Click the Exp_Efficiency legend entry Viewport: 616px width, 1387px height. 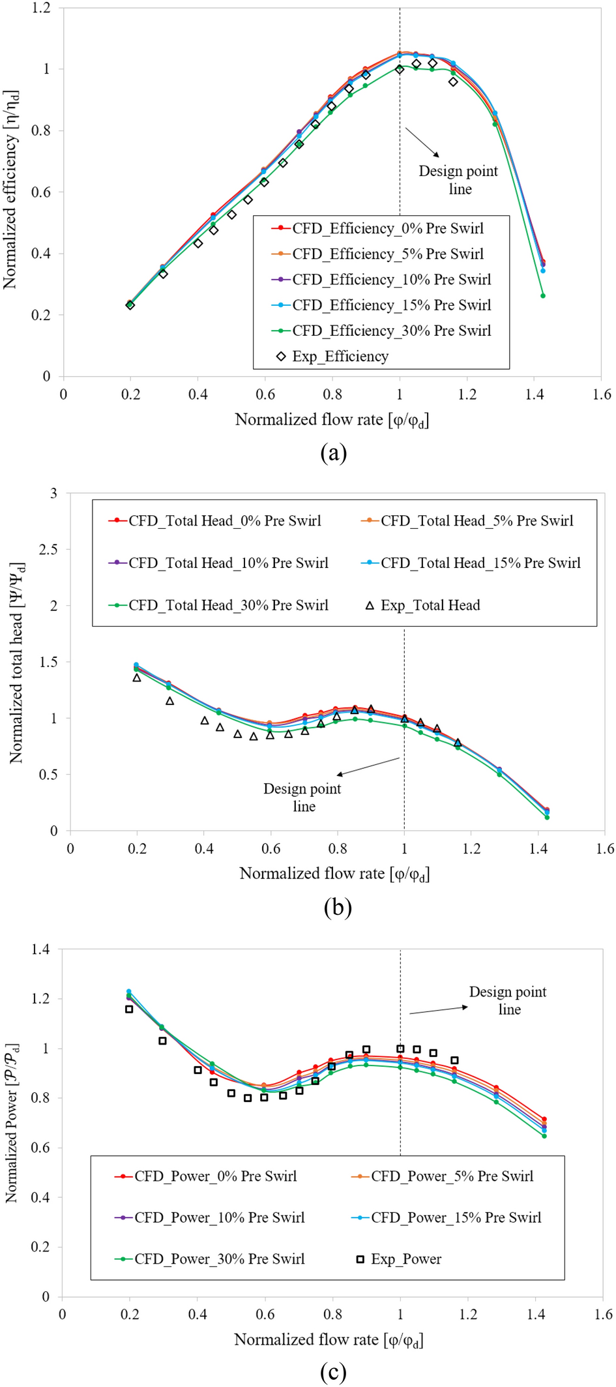point(333,356)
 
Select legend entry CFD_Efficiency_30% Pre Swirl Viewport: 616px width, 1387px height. point(382,331)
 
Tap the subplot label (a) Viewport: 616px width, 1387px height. point(333,452)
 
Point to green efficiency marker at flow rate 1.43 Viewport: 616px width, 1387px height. point(543,296)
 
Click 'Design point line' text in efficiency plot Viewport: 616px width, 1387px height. point(458,180)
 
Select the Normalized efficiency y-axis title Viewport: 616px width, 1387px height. point(10,190)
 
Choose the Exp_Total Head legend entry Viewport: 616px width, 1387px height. point(424,605)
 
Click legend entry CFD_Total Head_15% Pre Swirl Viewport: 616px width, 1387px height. point(471,563)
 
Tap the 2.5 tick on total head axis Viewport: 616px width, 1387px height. point(48,549)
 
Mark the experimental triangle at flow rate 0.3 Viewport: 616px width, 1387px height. point(170,701)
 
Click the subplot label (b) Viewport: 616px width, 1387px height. point(337,906)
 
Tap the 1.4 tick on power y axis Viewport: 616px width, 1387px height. point(40,949)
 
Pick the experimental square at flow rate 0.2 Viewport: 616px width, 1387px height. point(129,1009)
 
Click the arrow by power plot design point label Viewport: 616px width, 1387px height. point(438,1010)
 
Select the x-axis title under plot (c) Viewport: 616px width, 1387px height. point(329,1339)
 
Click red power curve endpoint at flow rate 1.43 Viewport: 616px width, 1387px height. point(544,1119)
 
